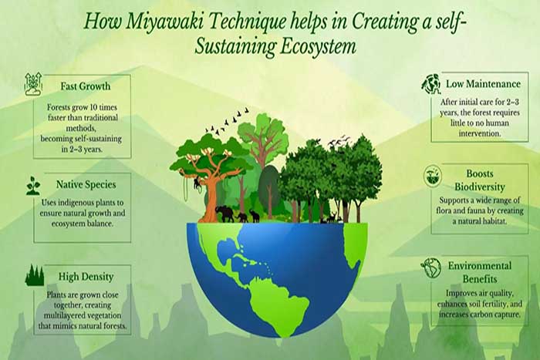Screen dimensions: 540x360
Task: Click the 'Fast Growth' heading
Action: pos(86,86)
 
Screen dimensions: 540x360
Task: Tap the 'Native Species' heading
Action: pos(86,184)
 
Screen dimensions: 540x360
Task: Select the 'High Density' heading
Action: pos(86,277)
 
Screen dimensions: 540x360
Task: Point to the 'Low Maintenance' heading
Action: pos(483,84)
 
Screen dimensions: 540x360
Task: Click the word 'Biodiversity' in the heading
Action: pos(480,187)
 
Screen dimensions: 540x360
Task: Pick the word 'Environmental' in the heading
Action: pos(480,266)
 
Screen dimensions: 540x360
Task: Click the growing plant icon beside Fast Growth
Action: pos(33,84)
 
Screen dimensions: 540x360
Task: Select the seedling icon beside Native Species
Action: pos(33,186)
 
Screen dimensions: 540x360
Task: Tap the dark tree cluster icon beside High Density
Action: pos(35,275)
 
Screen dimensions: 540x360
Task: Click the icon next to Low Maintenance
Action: pos(431,84)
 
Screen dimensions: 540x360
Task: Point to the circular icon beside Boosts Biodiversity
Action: pos(433,177)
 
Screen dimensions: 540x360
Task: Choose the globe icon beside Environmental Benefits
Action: pos(431,268)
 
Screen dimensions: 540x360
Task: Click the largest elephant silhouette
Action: pos(224,214)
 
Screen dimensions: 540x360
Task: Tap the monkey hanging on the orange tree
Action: pos(197,183)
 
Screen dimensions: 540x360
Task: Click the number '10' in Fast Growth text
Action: pos(93,107)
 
